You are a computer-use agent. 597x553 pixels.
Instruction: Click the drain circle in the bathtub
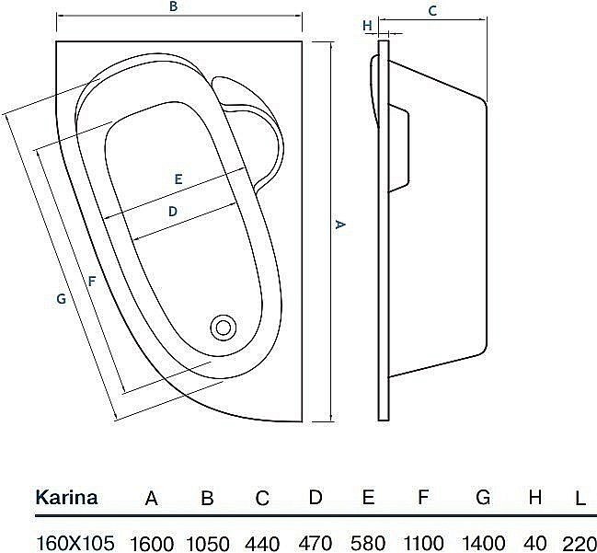click(x=223, y=327)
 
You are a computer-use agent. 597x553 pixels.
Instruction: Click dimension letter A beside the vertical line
click(x=339, y=225)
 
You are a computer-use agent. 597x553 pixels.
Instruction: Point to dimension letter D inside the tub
click(x=172, y=212)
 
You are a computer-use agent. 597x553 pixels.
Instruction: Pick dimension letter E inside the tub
click(x=178, y=179)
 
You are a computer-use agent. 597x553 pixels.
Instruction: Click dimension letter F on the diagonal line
click(x=90, y=281)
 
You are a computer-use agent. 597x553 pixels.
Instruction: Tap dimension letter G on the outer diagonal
click(x=61, y=298)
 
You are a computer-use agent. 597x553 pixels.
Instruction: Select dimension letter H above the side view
click(x=367, y=26)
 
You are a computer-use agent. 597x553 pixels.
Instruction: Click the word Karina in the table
click(x=66, y=499)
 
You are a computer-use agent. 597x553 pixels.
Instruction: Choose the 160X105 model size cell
click(x=75, y=541)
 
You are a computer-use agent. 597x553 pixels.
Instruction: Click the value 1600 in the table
click(x=153, y=541)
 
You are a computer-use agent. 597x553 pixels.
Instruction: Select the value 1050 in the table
click(x=208, y=541)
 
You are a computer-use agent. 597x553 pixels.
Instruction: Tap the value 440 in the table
click(x=262, y=541)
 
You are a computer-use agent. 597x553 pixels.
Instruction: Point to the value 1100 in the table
click(x=423, y=541)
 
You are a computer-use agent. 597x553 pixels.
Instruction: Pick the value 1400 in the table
click(x=482, y=541)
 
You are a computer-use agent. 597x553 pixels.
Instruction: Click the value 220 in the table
click(x=578, y=541)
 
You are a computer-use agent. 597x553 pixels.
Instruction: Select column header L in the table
click(x=580, y=500)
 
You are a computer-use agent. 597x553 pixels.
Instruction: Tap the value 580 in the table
click(x=368, y=541)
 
